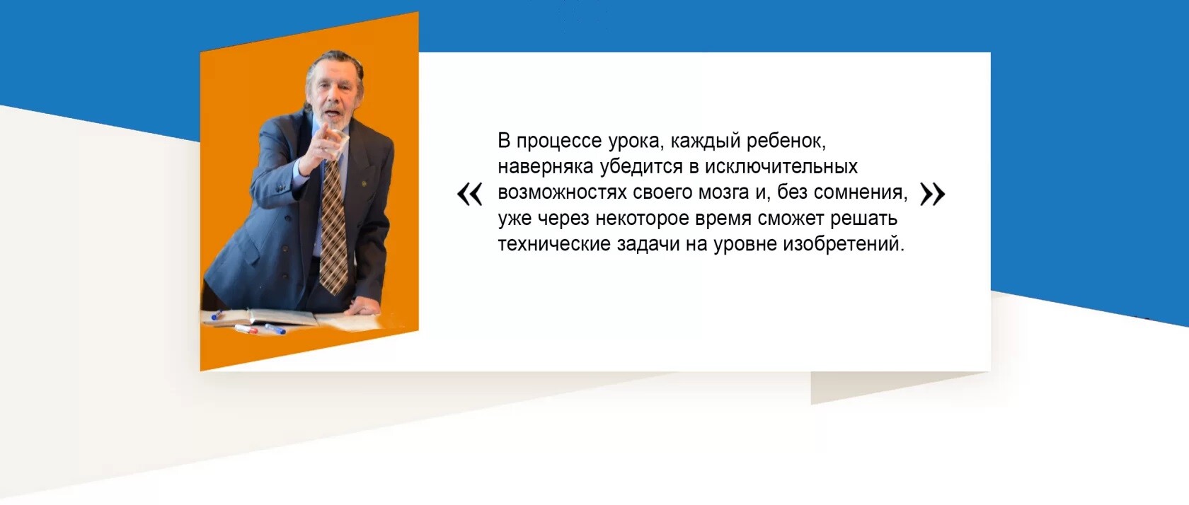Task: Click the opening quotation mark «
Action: (x=470, y=194)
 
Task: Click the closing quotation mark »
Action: (x=933, y=194)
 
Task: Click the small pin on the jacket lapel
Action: (x=364, y=184)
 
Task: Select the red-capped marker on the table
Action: (x=246, y=330)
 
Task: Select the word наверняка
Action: (x=546, y=167)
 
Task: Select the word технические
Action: (x=554, y=245)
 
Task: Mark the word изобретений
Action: (x=844, y=243)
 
